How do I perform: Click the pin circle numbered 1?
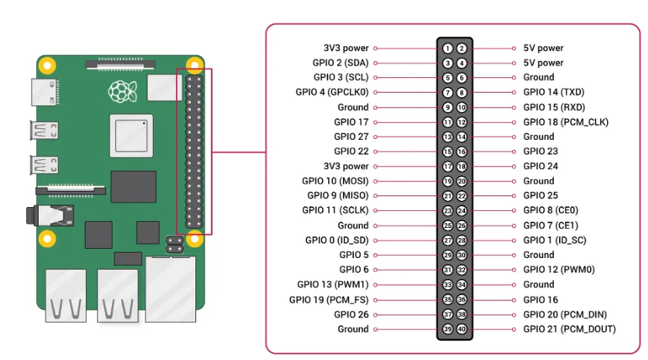(x=448, y=48)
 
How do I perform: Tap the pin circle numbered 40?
(x=462, y=329)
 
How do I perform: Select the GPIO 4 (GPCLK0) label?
(x=332, y=92)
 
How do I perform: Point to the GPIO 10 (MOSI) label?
(x=336, y=181)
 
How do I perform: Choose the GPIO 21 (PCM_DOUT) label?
(x=569, y=329)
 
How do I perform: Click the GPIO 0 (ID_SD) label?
(x=337, y=240)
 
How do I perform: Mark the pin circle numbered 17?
(x=448, y=166)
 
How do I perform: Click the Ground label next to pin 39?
(x=353, y=329)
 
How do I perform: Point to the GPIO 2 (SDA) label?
(x=341, y=63)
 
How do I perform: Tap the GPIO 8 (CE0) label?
(x=551, y=210)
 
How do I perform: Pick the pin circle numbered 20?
(x=462, y=181)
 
